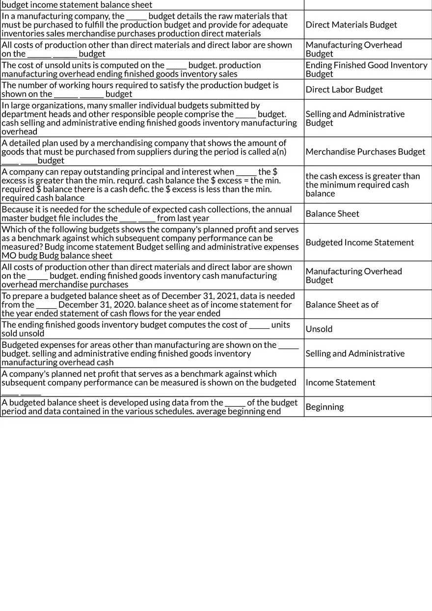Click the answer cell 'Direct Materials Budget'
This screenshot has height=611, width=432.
pos(351,25)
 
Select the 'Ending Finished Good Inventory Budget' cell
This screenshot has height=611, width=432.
pos(366,69)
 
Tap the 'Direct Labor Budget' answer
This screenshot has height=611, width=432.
pos(344,89)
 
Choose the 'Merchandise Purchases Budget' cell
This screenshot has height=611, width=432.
pos(365,152)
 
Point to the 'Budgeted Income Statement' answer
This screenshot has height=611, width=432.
pos(359,242)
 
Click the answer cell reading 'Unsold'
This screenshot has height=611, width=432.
pos(319,329)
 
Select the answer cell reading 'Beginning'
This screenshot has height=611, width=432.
pos(324,407)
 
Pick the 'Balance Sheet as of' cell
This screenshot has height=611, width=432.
pos(342,305)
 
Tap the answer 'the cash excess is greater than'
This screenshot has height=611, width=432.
pos(362,176)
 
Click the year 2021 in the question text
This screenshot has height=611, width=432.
pos(226,296)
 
